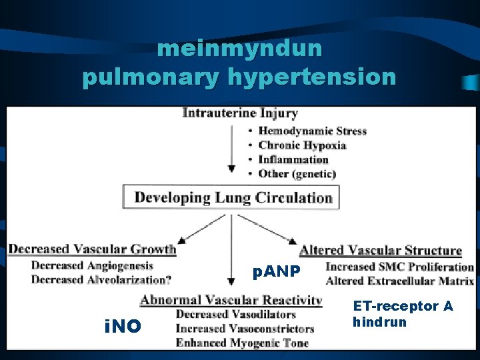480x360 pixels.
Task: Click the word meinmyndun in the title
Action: (240, 49)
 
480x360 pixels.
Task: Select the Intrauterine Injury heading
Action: (240, 113)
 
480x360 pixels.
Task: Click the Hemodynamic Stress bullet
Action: (312, 131)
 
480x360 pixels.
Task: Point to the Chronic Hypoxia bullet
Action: (302, 145)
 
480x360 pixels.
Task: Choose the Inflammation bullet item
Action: (293, 160)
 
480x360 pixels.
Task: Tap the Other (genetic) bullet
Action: (297, 174)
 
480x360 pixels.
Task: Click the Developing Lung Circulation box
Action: (233, 197)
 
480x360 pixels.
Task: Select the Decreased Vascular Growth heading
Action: (92, 249)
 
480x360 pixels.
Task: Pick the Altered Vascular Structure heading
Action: (380, 251)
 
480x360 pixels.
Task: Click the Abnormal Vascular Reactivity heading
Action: (231, 301)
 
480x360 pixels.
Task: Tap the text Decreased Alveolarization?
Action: (100, 280)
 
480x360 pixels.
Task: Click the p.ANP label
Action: (277, 272)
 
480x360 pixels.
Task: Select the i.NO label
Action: (123, 326)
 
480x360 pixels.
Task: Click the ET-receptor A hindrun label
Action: (403, 314)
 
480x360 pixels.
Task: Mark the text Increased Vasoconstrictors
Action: (245, 329)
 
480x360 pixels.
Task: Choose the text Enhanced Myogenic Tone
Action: (242, 343)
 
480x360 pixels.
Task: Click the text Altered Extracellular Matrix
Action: (399, 281)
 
